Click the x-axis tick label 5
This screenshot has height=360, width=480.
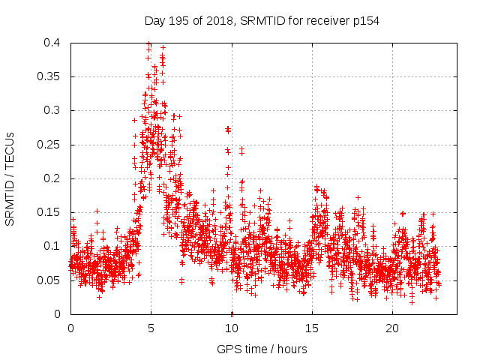click(151, 328)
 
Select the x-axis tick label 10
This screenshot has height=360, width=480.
click(232, 328)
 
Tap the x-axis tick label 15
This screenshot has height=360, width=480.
click(312, 328)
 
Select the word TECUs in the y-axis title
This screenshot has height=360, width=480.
click(10, 148)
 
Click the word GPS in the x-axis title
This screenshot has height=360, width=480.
click(228, 349)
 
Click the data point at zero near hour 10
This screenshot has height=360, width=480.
click(232, 313)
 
